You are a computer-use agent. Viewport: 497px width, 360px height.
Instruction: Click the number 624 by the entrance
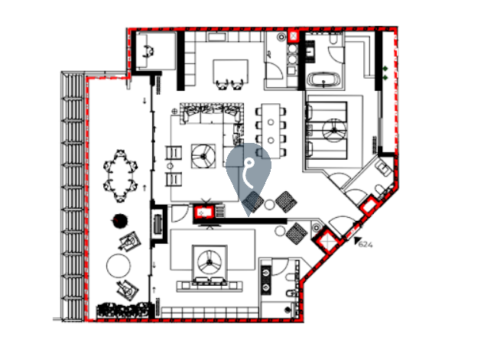(x=365, y=245)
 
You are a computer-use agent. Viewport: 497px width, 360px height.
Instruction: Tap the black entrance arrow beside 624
(x=358, y=240)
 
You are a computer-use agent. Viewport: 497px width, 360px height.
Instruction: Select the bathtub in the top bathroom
(x=324, y=79)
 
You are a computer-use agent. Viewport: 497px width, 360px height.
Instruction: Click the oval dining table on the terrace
(x=121, y=176)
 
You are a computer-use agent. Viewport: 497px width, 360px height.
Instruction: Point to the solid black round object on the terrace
(x=120, y=220)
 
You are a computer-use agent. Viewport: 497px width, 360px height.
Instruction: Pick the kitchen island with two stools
(x=230, y=71)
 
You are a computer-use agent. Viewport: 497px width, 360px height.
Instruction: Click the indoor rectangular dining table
(x=271, y=131)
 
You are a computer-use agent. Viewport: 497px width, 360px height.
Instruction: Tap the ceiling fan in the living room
(x=203, y=156)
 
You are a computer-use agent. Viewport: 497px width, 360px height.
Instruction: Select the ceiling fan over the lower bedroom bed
(x=210, y=261)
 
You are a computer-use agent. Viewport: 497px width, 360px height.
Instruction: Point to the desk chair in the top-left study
(x=149, y=51)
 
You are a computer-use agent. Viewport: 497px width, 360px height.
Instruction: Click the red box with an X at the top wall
(x=294, y=36)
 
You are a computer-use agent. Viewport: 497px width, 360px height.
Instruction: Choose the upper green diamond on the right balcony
(x=385, y=69)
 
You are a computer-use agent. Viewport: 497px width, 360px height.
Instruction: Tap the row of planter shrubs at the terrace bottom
(x=122, y=310)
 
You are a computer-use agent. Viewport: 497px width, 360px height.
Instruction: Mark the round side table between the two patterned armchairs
(x=269, y=205)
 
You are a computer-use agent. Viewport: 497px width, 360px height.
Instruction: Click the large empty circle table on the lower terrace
(x=119, y=266)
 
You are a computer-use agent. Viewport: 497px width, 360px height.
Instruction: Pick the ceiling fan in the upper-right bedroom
(x=334, y=130)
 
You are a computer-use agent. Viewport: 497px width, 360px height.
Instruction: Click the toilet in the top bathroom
(x=333, y=38)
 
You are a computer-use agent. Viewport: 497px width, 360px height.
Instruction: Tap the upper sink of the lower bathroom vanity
(x=265, y=272)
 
